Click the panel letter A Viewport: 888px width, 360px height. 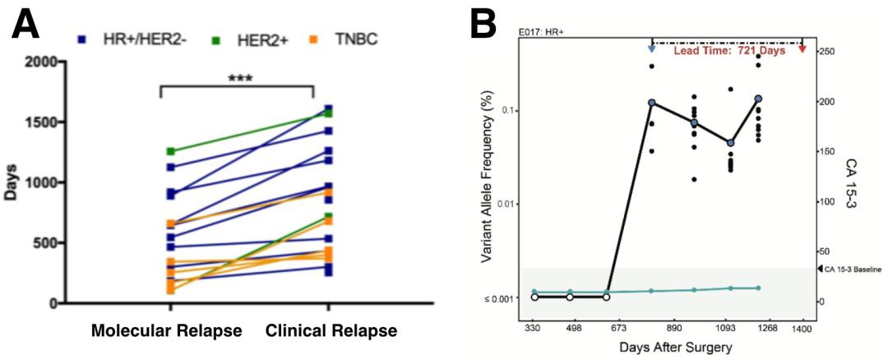click(25, 25)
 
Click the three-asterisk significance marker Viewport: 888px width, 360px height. click(239, 79)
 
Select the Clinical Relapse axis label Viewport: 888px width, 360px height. click(331, 331)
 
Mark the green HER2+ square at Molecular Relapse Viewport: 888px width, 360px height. click(170, 151)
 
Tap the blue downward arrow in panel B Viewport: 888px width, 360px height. click(651, 49)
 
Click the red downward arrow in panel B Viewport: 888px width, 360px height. click(802, 49)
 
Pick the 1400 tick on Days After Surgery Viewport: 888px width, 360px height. click(803, 328)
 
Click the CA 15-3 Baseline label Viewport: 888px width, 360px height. click(854, 268)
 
